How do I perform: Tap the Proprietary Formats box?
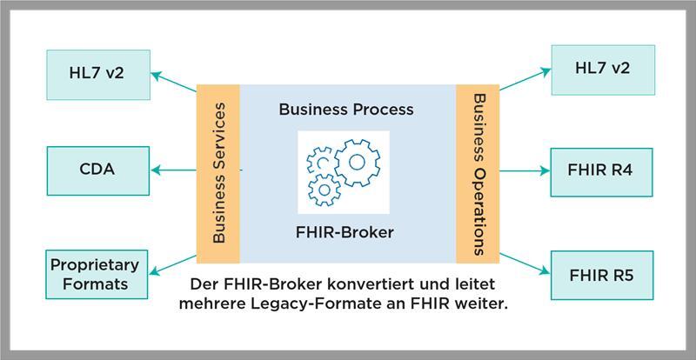click(x=89, y=274)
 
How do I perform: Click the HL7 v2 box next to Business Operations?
click(x=602, y=69)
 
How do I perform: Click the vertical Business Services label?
click(x=218, y=172)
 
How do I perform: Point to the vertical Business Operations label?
click(x=478, y=172)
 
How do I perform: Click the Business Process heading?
click(x=346, y=110)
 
